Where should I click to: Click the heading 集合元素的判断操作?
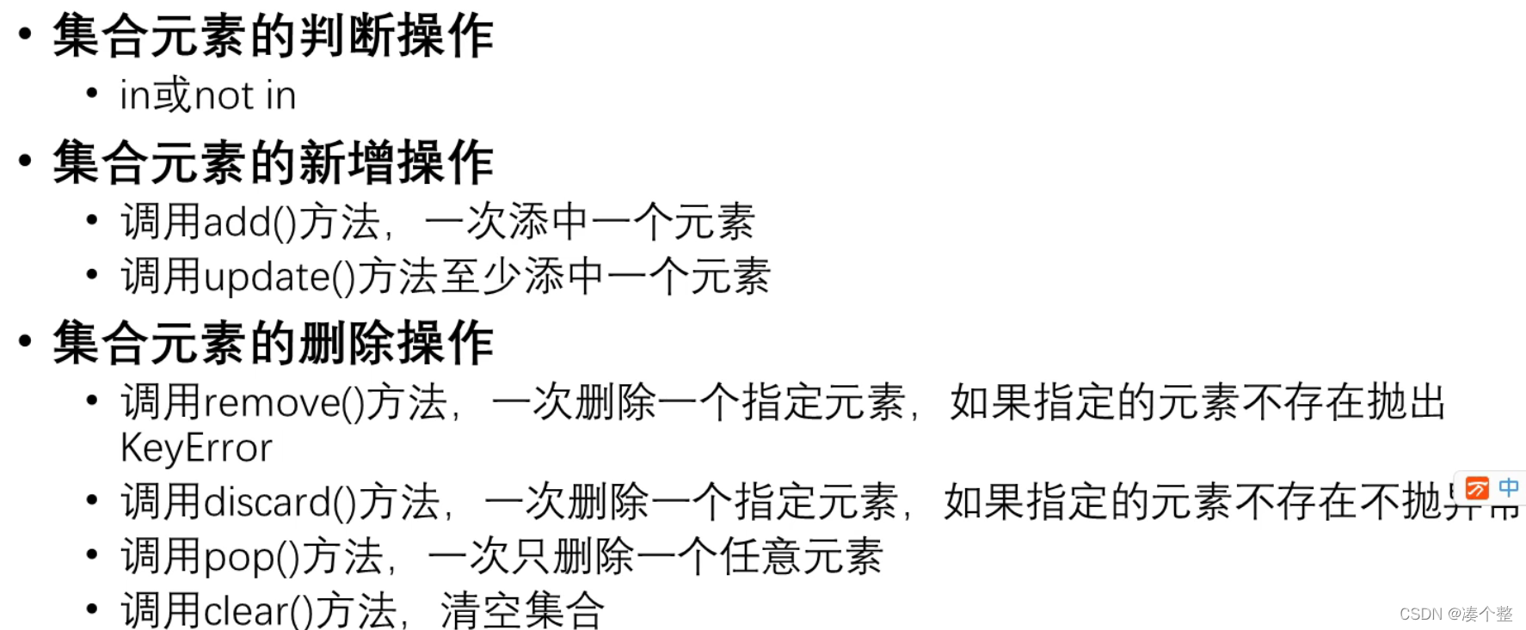(273, 36)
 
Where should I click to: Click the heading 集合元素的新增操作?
(273, 162)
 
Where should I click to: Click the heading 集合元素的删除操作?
(273, 343)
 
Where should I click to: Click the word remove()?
(285, 403)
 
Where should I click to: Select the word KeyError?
(196, 449)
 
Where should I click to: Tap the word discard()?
(280, 503)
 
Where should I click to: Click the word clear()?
(259, 611)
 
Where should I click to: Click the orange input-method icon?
(1476, 488)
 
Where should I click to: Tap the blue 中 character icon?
(1508, 487)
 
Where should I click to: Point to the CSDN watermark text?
(1455, 614)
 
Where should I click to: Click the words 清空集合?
(522, 611)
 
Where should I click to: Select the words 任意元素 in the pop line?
(802, 557)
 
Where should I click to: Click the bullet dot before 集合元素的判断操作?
(25, 34)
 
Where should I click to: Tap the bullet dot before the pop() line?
(92, 554)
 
